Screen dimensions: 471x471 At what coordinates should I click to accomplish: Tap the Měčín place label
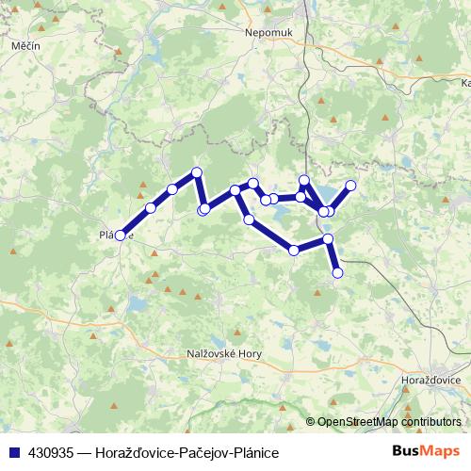click(x=24, y=45)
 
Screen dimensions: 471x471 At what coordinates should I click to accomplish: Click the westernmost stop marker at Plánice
click(x=120, y=235)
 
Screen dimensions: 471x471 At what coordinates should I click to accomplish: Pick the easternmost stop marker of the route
click(x=351, y=186)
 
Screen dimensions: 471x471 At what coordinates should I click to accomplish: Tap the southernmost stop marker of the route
click(x=337, y=273)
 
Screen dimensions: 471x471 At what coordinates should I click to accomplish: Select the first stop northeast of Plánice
click(x=151, y=207)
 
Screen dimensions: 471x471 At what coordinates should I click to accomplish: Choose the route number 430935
click(x=45, y=452)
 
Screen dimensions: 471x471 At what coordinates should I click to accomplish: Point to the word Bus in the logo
click(x=407, y=451)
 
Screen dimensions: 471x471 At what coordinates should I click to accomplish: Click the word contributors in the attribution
click(x=432, y=422)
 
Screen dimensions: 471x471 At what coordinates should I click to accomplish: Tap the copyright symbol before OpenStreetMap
click(x=312, y=422)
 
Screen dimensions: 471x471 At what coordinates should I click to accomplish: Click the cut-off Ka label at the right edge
click(x=463, y=83)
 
